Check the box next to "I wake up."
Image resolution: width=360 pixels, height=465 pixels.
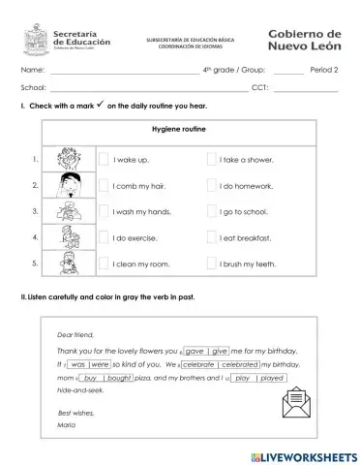(104, 159)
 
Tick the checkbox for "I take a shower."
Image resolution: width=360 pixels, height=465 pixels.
(211, 159)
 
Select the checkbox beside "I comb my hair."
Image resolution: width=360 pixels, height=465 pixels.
(104, 185)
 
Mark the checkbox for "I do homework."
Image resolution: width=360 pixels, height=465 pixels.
(211, 185)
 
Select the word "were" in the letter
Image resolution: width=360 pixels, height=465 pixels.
(100, 364)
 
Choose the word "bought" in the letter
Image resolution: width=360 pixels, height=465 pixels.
(120, 378)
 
